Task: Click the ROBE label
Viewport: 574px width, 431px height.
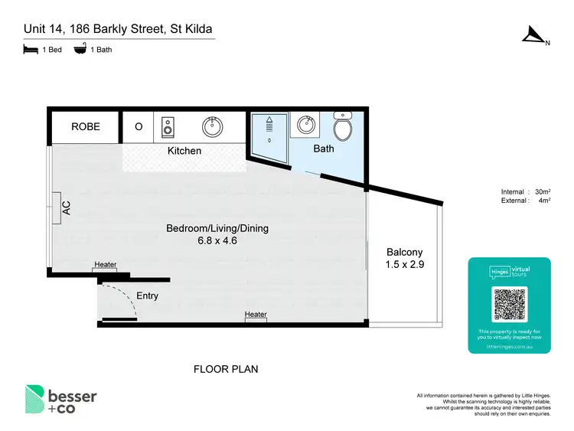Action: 86,127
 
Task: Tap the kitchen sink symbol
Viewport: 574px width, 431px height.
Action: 213,127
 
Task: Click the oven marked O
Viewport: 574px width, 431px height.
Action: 139,127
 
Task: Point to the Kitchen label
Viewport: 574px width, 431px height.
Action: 184,151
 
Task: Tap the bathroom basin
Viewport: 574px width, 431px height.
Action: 306,124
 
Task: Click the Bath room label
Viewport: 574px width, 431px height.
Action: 324,149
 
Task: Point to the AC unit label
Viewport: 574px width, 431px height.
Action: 66,207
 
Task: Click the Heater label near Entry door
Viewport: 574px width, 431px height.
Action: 106,265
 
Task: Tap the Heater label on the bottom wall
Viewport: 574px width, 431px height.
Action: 256,315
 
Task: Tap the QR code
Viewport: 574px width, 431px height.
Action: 509,305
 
